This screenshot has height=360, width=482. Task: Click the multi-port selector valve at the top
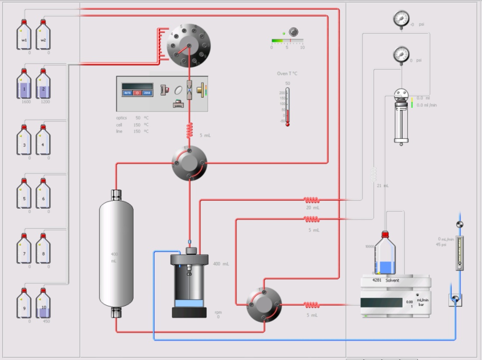189,45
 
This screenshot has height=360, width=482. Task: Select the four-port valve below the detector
189,164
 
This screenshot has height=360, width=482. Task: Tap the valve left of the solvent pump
264,304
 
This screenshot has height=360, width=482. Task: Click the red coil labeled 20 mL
312,200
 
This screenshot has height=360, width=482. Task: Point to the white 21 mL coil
373,174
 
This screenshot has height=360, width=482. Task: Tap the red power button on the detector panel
137,93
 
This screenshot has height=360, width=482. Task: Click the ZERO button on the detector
147,93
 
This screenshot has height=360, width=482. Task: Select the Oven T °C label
287,74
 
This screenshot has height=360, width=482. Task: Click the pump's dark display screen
381,303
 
